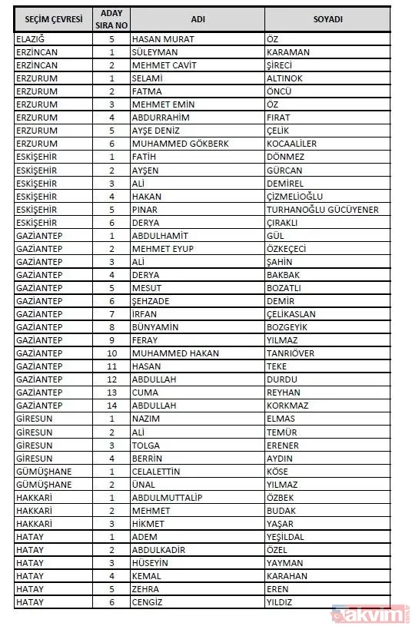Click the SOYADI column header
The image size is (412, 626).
tap(327, 18)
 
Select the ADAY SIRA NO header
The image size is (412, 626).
tap(111, 18)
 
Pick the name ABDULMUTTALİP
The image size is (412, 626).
tap(167, 497)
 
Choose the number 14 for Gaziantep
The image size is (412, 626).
tap(111, 405)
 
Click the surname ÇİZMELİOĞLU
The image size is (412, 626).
tap(297, 196)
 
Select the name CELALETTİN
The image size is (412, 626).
tap(160, 471)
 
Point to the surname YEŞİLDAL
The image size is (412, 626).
tap(287, 536)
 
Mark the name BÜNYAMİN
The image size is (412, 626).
tap(157, 326)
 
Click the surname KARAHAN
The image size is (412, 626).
tap(287, 575)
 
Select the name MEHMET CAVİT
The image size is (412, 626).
tap(164, 65)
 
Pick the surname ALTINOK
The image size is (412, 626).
tap(284, 78)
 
